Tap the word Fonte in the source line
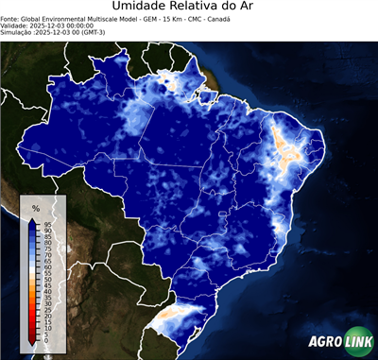coord(10,18)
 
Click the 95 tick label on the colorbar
coord(46,224)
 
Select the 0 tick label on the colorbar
coord(44,339)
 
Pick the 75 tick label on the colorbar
coord(46,249)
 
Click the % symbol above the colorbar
coord(35,207)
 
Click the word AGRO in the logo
coord(324,341)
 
